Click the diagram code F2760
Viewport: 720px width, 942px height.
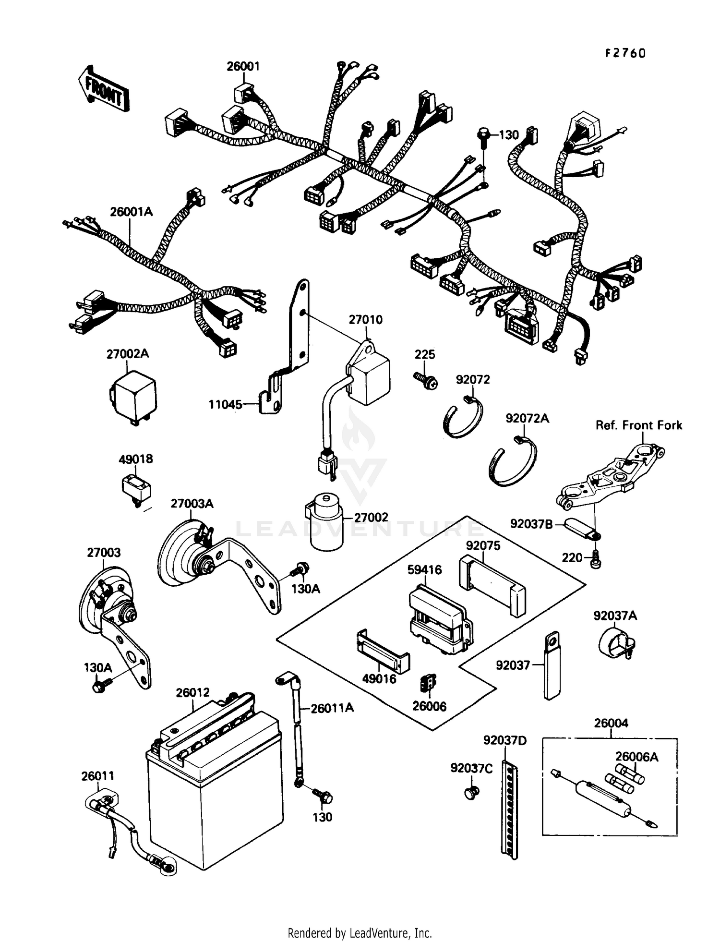pos(624,53)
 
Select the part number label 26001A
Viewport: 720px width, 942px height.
pos(131,212)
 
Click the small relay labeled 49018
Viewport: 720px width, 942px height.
pos(136,487)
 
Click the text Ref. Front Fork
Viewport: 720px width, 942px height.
pos(638,425)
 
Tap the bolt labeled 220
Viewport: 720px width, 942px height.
pos(595,559)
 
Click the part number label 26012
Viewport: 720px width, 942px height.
pos(192,692)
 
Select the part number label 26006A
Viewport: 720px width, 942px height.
pos(636,757)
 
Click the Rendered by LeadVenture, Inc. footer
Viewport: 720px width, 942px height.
pos(360,933)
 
